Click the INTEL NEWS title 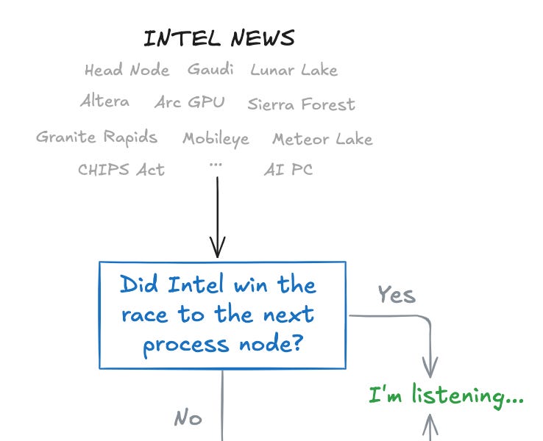[219, 38]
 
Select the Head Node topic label [127, 71]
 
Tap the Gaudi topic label [210, 70]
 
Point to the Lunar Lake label [294, 71]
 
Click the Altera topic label [104, 101]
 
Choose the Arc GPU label [189, 102]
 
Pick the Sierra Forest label [301, 104]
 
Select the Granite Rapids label [96, 137]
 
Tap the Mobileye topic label [216, 138]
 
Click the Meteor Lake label [322, 139]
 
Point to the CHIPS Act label [121, 170]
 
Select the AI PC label [288, 170]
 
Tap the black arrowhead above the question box [218, 248]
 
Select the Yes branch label [397, 295]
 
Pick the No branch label [188, 418]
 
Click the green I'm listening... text [446, 398]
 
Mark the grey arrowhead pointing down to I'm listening [430, 367]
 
